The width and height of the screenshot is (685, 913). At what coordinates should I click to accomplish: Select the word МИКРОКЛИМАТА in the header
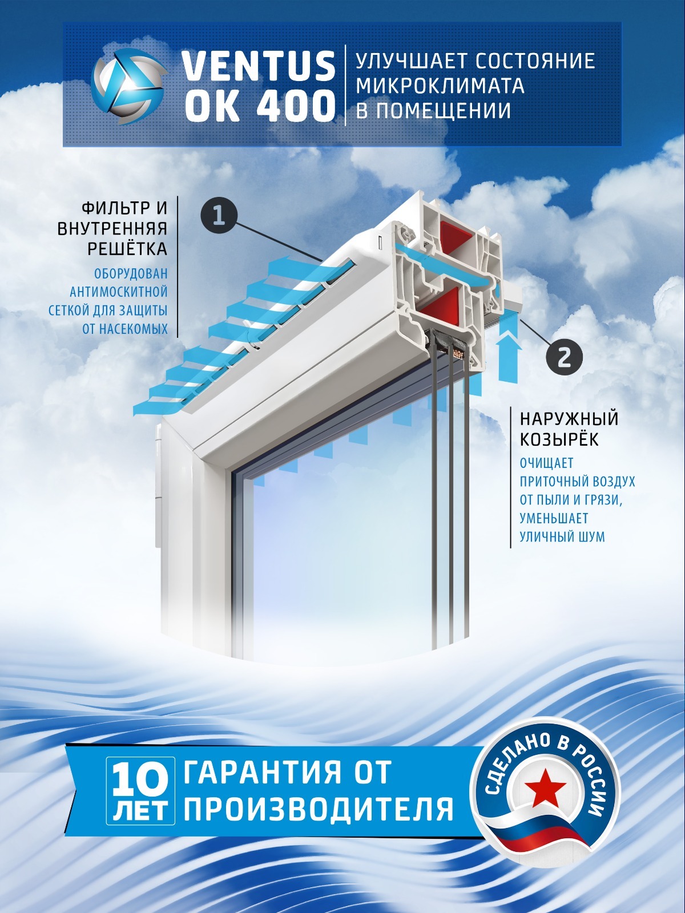coord(440,85)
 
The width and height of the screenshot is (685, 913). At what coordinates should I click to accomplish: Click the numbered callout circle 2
coord(563,358)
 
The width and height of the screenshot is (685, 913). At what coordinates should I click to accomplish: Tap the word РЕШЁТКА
coord(127,249)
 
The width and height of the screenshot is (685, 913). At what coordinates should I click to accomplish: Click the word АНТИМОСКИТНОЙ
coord(119,292)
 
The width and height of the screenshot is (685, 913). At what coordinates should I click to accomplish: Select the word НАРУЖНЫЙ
coord(569,419)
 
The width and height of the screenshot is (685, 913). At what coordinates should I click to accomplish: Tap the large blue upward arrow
coord(509,357)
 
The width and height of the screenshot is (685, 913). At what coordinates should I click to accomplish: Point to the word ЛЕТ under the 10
coord(140,811)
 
